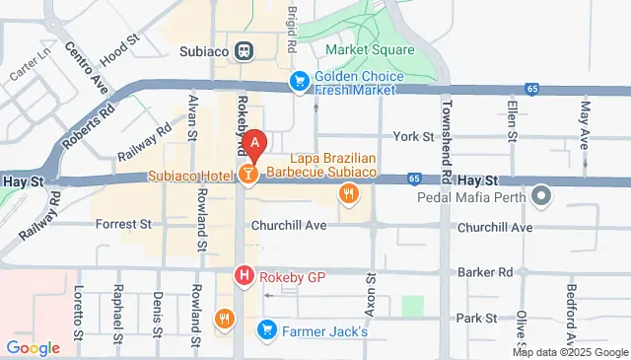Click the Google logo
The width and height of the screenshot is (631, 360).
[x=33, y=347]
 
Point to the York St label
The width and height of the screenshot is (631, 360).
[x=413, y=136]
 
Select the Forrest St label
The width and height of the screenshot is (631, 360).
[x=123, y=225]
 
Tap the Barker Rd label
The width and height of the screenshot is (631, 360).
[x=485, y=271]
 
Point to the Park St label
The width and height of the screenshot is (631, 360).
[x=476, y=318]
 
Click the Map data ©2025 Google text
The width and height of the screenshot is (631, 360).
[x=571, y=352]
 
